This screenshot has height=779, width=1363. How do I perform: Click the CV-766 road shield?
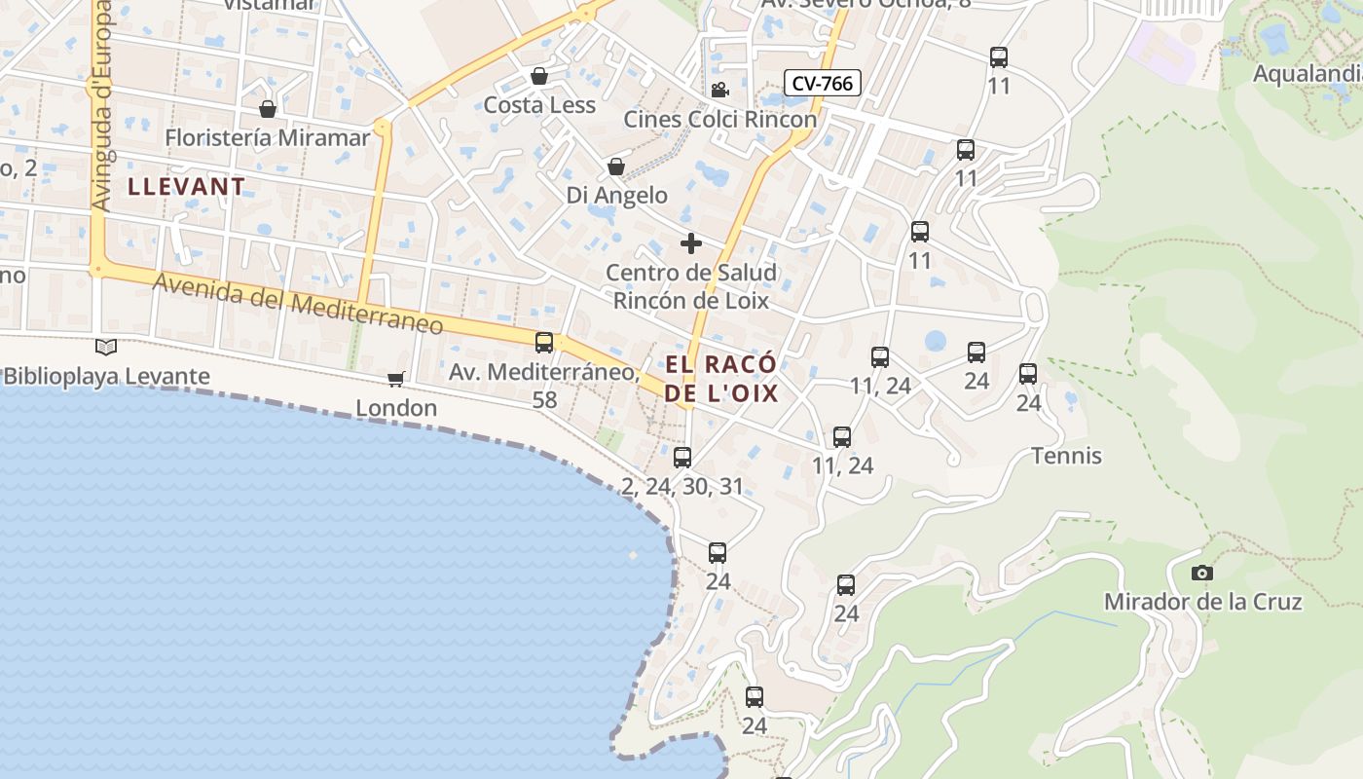pos(822,83)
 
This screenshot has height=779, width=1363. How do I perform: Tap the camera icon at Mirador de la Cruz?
pos(1202,573)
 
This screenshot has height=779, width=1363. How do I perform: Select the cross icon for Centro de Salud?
pos(691,242)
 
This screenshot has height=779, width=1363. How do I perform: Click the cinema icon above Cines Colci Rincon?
pos(719,91)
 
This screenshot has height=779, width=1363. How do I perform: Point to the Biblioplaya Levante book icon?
pos(106,347)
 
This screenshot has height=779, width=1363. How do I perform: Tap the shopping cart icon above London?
pos(395,378)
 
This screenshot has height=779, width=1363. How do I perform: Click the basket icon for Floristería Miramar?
pos(268,109)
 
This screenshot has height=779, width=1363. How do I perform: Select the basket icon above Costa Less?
pos(539,76)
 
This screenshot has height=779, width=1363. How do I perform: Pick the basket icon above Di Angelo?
pos(615,167)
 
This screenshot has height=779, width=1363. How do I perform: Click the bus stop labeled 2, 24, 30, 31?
pos(682,457)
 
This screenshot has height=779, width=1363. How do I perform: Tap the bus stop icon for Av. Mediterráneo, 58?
pos(544,342)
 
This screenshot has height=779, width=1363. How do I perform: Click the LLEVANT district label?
pos(187,186)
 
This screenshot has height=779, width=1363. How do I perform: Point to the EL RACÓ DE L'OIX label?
pos(721,379)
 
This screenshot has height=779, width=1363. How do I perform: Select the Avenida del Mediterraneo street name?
pos(298,304)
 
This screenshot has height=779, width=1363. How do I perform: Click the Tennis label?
pos(1066,455)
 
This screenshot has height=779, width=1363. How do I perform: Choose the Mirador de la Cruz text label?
pos(1202,602)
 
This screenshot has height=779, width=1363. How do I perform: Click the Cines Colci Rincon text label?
pos(719,119)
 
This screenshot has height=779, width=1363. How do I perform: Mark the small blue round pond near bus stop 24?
pos(935,341)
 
